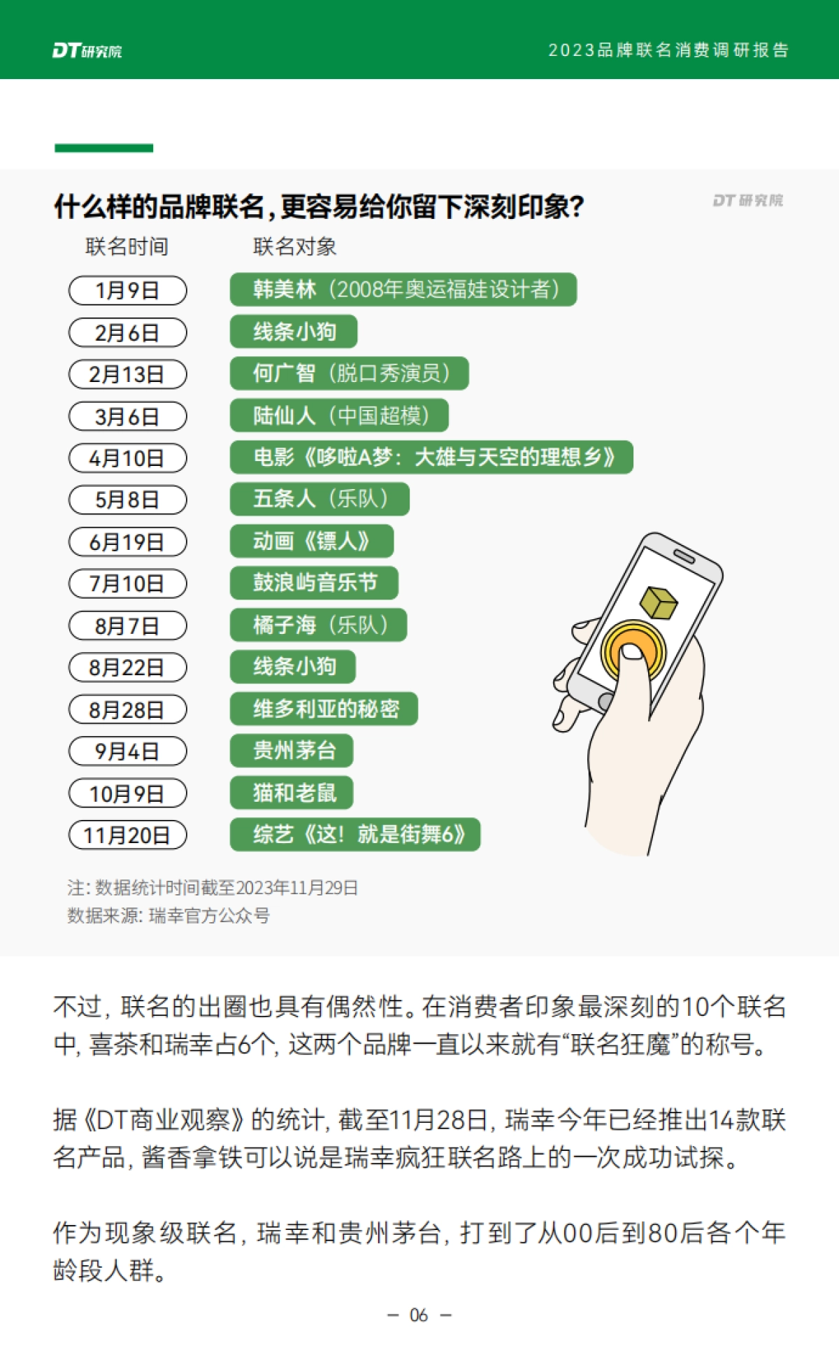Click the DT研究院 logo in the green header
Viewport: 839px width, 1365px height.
(x=87, y=50)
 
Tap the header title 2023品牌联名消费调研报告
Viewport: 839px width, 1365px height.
(x=668, y=50)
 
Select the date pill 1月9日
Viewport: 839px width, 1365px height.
(x=127, y=290)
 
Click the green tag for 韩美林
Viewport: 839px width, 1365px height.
(x=403, y=290)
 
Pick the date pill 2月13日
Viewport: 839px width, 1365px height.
(x=127, y=374)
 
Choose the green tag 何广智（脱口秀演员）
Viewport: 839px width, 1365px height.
(x=349, y=374)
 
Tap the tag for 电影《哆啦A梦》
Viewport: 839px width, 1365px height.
(x=431, y=458)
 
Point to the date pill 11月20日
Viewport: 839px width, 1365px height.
(x=127, y=835)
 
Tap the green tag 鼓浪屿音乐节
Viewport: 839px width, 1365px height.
(x=314, y=583)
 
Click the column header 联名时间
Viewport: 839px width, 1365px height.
(x=127, y=247)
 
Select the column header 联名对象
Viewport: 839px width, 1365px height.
(x=294, y=247)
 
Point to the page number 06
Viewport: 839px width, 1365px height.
(x=419, y=1315)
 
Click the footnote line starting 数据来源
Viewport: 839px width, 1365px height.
(x=168, y=916)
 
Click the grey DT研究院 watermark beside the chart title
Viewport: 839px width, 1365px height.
(x=747, y=201)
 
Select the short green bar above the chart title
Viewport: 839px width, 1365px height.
(x=103, y=148)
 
